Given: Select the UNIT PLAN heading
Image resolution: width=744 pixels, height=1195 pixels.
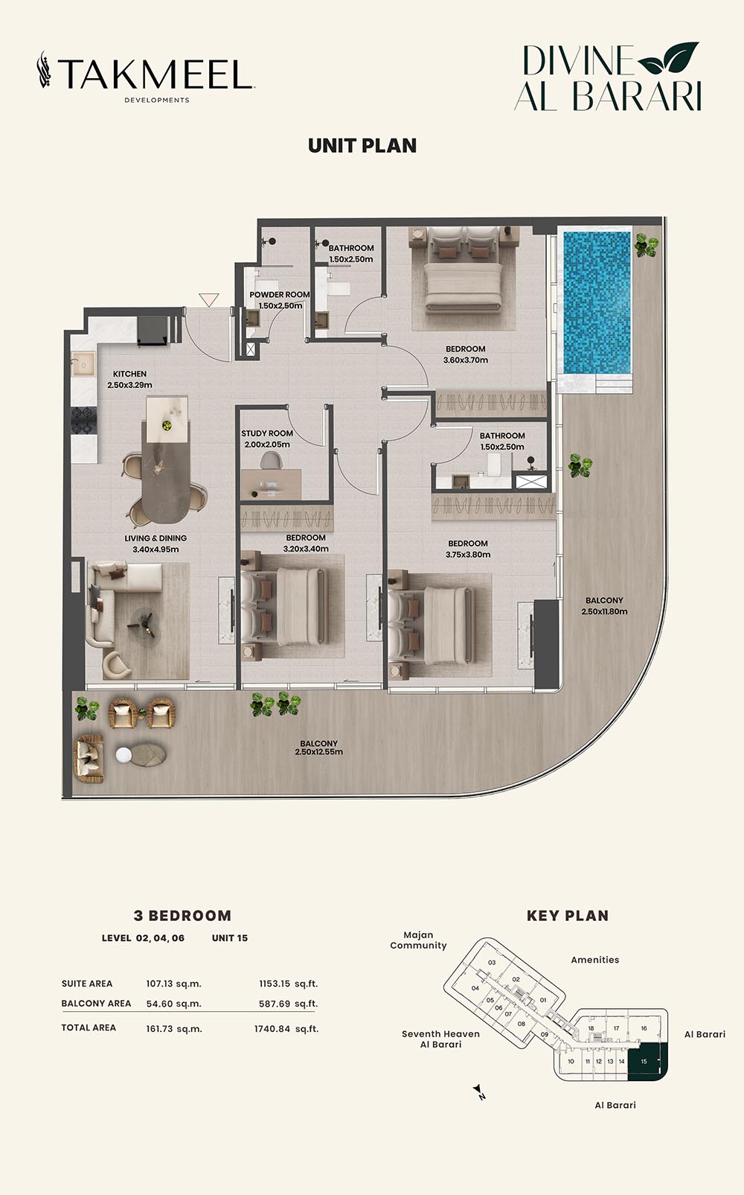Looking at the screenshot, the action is [362, 146].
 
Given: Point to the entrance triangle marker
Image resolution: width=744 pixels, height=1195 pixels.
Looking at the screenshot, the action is [209, 299].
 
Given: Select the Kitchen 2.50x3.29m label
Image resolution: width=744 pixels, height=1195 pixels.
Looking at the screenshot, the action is [129, 379].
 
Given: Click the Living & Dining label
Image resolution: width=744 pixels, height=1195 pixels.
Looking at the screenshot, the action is [155, 538].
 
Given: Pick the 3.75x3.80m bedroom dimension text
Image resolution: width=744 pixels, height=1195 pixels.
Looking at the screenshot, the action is [468, 554].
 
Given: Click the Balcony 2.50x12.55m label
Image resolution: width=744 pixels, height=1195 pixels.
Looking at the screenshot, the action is [318, 748].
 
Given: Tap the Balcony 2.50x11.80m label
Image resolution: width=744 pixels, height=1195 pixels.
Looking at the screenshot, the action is [604, 606].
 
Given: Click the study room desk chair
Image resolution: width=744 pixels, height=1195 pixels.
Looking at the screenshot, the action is [272, 460].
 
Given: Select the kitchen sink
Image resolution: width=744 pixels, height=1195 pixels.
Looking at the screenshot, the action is [83, 365].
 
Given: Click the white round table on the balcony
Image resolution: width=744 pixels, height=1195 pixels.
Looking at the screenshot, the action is [124, 754].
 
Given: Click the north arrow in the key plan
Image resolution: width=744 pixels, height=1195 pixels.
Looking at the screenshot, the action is [478, 1092].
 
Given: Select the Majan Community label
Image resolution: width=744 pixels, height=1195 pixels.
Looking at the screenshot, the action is [418, 940].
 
